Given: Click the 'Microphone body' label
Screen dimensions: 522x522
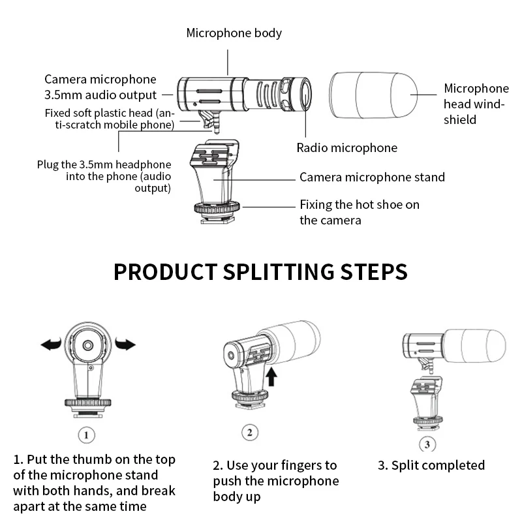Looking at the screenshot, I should tap(234, 33).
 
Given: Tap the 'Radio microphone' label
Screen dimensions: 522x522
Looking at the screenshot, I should tap(346, 148).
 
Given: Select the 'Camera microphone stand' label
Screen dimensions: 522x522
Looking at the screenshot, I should tap(372, 177).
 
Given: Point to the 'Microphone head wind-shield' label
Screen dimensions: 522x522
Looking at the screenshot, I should tap(476, 104).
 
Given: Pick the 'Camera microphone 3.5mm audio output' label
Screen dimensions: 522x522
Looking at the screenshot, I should tap(100, 87).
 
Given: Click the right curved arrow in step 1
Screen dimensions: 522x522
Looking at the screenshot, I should tap(125, 344).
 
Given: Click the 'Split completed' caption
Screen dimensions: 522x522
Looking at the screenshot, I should tap(431, 465).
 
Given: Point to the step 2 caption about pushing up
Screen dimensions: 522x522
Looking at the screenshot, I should tap(276, 481).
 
